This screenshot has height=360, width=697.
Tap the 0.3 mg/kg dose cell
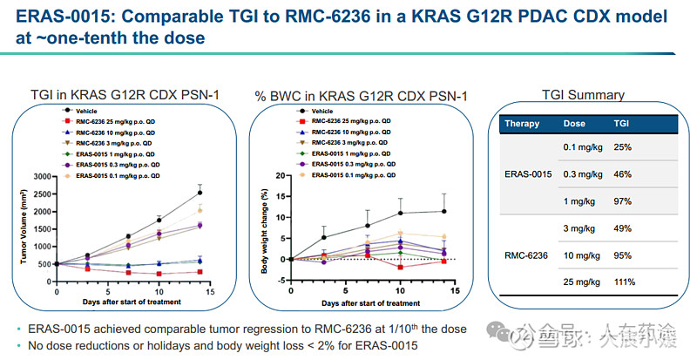pyautogui.click(x=583, y=174)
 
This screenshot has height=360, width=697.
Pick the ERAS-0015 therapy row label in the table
pyautogui.click(x=529, y=174)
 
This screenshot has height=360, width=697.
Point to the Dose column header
pyautogui.click(x=575, y=124)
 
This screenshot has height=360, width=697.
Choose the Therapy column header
pyautogui.click(x=524, y=124)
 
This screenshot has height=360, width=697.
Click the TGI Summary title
pyautogui.click(x=583, y=95)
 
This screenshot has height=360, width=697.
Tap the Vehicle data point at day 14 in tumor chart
pyautogui.click(x=200, y=192)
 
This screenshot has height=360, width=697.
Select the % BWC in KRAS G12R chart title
pyautogui.click(x=359, y=95)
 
